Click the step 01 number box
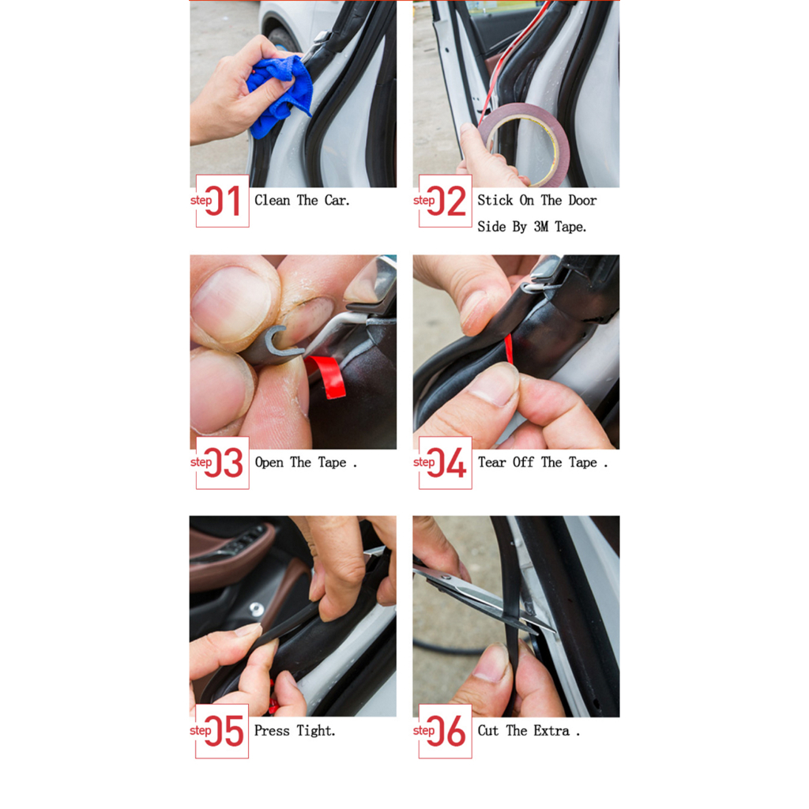(x=222, y=201)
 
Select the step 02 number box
(x=446, y=201)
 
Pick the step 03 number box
(x=222, y=463)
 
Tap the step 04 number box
(x=446, y=463)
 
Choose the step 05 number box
(x=222, y=731)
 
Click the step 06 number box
(x=446, y=731)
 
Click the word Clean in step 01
(x=272, y=200)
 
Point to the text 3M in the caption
(x=540, y=227)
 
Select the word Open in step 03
(x=269, y=463)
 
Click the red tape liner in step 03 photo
(x=326, y=375)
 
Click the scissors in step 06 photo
(x=480, y=599)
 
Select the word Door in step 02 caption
(x=582, y=200)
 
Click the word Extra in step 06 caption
(x=551, y=731)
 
